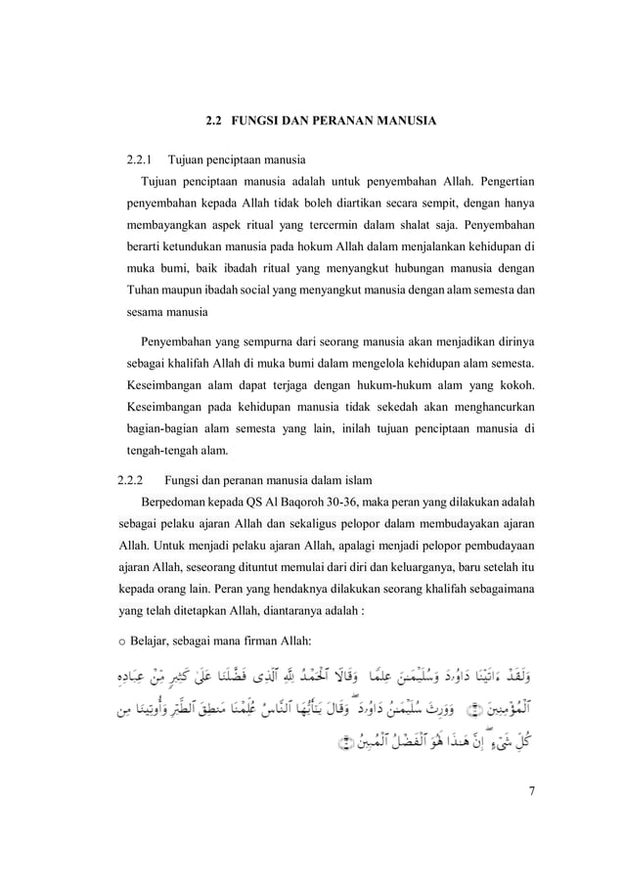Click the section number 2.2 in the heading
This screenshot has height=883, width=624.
(x=212, y=121)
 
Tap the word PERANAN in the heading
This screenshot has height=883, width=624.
(x=355, y=121)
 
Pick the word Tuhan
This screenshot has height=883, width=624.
(x=142, y=291)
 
